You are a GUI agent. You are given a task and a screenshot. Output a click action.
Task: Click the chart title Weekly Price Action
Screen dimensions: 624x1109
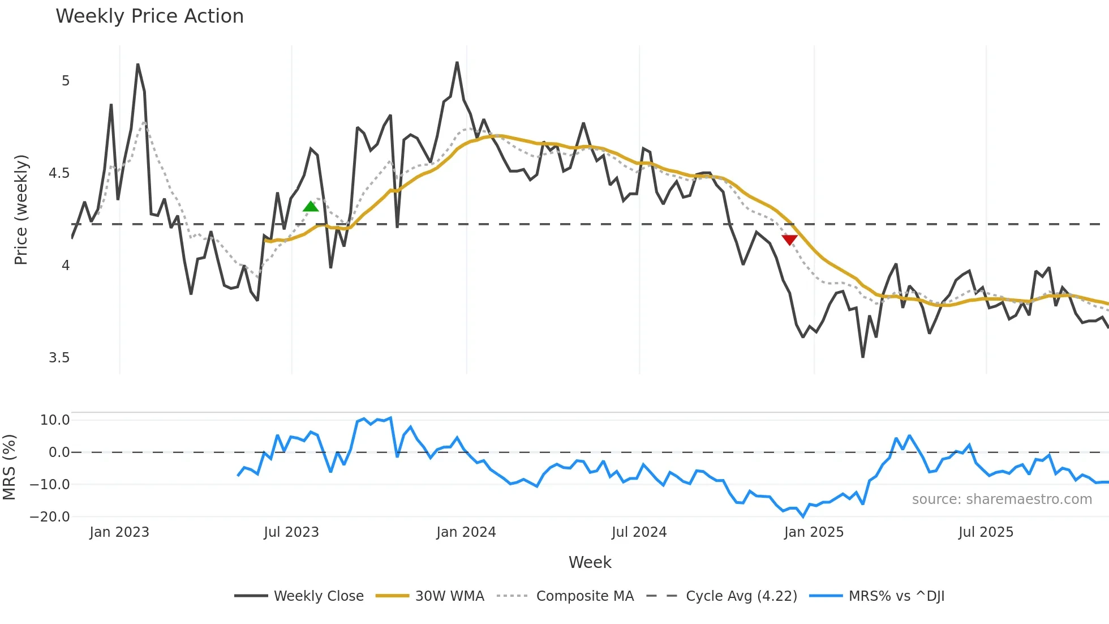pyautogui.click(x=149, y=16)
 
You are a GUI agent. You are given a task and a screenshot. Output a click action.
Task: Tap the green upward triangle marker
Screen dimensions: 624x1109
pyautogui.click(x=311, y=207)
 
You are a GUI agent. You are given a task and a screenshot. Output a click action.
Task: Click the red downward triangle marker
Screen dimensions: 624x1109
pyautogui.click(x=789, y=240)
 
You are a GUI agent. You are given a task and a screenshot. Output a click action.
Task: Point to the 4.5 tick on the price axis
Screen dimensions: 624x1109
pyautogui.click(x=59, y=173)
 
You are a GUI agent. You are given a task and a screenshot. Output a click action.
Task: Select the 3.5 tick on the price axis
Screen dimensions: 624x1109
pyautogui.click(x=59, y=358)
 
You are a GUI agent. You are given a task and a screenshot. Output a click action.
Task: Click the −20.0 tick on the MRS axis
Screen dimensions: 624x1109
pyautogui.click(x=50, y=517)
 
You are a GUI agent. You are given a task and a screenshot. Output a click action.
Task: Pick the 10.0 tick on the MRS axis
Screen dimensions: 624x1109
pyautogui.click(x=55, y=420)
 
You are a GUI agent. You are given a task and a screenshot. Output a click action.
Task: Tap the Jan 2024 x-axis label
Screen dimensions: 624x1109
pyautogui.click(x=466, y=532)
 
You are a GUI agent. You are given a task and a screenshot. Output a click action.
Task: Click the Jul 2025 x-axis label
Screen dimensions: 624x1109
pyautogui.click(x=986, y=532)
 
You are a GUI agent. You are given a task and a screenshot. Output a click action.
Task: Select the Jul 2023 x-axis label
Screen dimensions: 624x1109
pyautogui.click(x=291, y=532)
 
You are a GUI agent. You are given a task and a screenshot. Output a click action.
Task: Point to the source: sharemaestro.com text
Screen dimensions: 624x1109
pyautogui.click(x=1001, y=499)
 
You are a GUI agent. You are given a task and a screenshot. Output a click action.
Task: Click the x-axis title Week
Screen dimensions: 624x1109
pyautogui.click(x=590, y=562)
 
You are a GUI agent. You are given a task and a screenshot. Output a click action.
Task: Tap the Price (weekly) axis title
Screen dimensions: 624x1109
pyautogui.click(x=21, y=210)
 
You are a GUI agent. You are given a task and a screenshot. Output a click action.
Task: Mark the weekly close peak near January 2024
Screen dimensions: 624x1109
pyautogui.click(x=457, y=63)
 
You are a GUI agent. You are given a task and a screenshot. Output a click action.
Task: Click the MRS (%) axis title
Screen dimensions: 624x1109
pyautogui.click(x=10, y=467)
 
